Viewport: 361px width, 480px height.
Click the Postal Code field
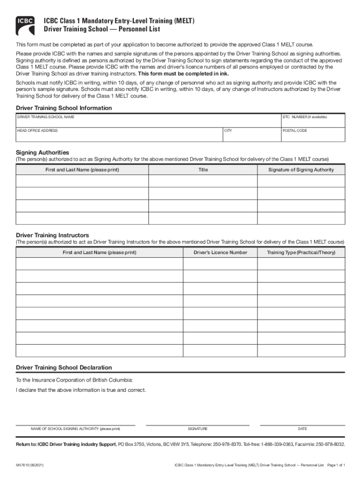[x=312, y=135]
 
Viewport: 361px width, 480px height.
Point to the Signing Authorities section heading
[x=43, y=152]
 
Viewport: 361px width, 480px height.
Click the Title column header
[x=203, y=170]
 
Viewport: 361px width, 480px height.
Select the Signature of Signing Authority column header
[x=301, y=170]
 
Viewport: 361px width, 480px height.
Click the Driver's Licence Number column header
[x=220, y=253]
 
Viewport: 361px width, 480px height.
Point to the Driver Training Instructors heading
[x=53, y=235]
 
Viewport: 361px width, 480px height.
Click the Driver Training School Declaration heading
[x=64, y=367]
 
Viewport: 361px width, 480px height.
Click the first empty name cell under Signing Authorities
[x=82, y=181]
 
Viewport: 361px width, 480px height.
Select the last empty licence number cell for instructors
[x=220, y=351]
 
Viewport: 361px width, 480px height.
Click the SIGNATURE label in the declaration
[x=198, y=429]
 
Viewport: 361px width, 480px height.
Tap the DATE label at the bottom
[x=302, y=429]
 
